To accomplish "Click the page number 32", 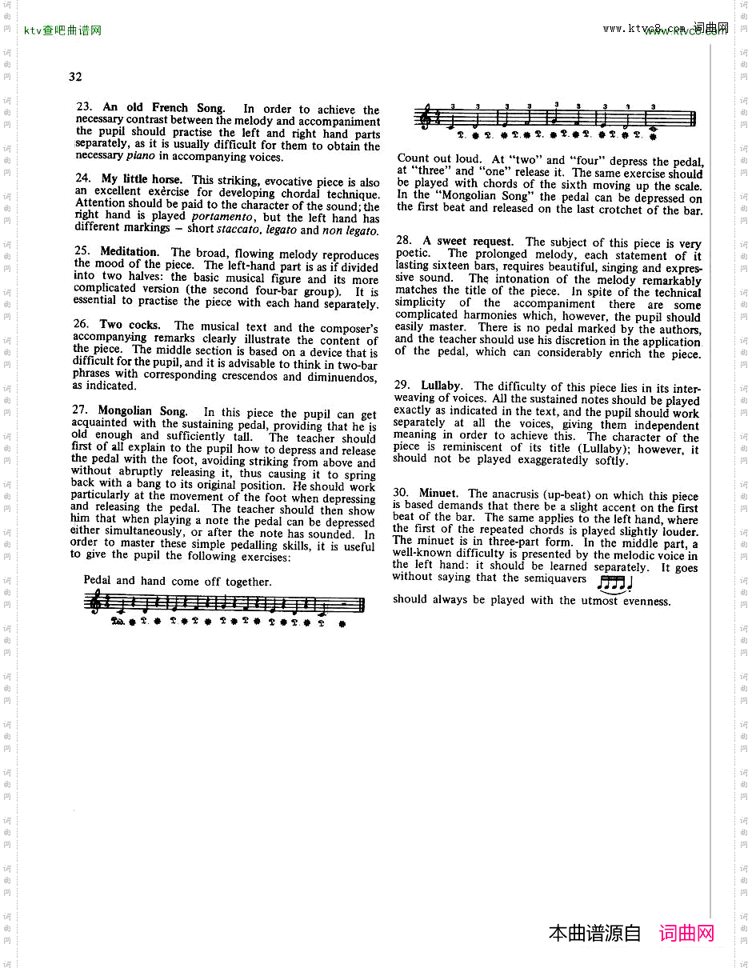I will coord(75,77).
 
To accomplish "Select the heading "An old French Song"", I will coord(163,108).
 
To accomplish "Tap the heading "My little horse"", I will coord(142,179).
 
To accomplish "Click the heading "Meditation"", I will coord(129,251).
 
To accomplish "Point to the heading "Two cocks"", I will coord(130,325).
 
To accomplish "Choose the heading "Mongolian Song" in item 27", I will coord(142,411).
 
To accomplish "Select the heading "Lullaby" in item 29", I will coord(442,386).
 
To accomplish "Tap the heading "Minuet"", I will coord(438,494).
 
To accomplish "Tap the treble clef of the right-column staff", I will coord(424,117).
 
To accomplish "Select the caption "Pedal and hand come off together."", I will coord(178,582).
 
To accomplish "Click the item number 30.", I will coord(401,494).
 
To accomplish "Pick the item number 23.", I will coord(84,107).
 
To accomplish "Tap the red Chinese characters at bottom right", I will coord(686,933).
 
